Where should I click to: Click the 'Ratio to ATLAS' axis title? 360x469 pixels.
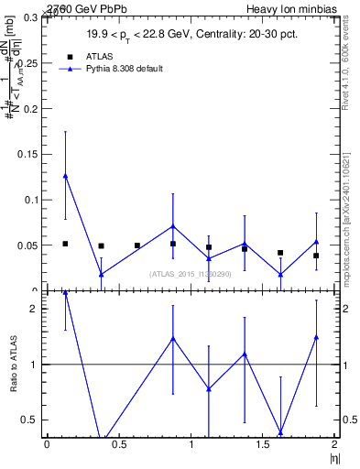[x=12, y=365]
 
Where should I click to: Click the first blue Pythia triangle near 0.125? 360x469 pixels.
[x=65, y=176]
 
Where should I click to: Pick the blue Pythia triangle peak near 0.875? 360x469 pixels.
[x=173, y=225]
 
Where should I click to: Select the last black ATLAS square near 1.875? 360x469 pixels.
[x=316, y=256]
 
